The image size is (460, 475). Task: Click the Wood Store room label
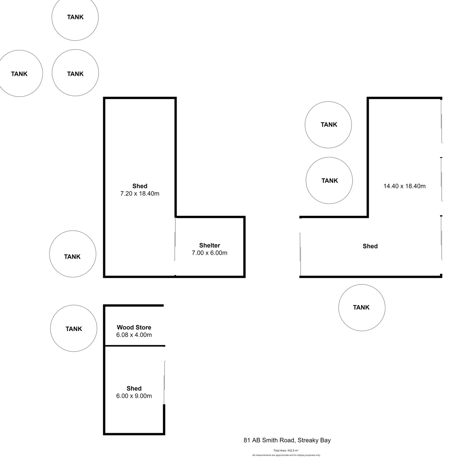tap(134, 327)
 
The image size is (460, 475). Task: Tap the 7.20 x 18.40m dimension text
tap(140, 194)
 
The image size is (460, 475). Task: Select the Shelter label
tap(209, 245)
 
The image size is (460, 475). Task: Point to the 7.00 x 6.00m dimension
tap(209, 253)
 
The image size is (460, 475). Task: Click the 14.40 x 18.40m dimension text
tap(404, 186)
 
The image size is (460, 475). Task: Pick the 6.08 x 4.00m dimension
tap(134, 335)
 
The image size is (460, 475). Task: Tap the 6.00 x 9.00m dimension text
tap(134, 396)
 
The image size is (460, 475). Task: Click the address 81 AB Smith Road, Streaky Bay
tap(287, 440)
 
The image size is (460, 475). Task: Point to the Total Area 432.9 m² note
tap(286, 451)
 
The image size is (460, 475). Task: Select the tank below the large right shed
tap(362, 308)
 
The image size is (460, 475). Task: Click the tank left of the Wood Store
tap(74, 329)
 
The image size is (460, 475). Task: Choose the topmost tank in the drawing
tap(75, 17)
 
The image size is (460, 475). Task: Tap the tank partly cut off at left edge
tap(19, 74)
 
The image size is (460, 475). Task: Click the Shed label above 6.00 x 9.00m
tap(134, 388)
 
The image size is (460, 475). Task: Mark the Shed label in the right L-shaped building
tap(370, 246)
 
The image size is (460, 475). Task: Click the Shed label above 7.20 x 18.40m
tap(140, 186)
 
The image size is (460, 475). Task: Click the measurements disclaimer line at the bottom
tap(286, 455)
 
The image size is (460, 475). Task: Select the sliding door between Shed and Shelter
tap(175, 240)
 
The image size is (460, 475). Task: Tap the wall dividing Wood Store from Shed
tap(134, 346)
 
